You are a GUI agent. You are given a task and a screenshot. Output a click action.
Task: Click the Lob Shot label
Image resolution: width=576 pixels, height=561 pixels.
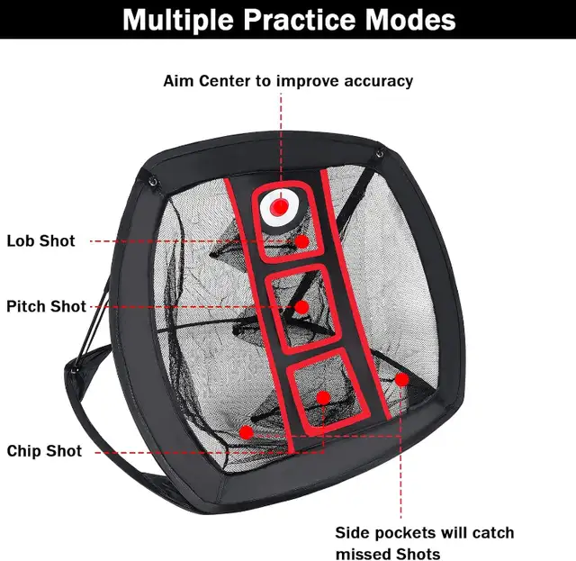(x=41, y=241)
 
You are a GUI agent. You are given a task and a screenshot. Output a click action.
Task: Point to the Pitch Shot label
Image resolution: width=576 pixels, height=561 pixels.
(x=46, y=306)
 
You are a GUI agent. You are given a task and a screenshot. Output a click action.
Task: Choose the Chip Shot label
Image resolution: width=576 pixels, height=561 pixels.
(x=44, y=451)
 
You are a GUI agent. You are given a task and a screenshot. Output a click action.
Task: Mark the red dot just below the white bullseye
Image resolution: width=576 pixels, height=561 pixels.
(x=303, y=241)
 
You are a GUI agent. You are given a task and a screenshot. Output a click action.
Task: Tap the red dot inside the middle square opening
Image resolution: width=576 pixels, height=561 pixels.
(x=301, y=307)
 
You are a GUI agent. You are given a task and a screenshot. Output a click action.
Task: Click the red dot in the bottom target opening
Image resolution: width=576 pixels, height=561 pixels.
(x=322, y=397)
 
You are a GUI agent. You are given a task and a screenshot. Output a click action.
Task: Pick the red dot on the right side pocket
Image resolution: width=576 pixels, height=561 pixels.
(x=402, y=380)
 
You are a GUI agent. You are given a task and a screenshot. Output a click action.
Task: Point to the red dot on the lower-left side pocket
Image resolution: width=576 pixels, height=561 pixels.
(x=246, y=432)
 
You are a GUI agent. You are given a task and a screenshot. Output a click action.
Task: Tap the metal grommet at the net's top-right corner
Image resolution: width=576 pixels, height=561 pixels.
(x=381, y=155)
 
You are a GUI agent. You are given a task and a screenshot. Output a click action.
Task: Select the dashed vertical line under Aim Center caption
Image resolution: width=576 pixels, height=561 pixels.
(x=280, y=135)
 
